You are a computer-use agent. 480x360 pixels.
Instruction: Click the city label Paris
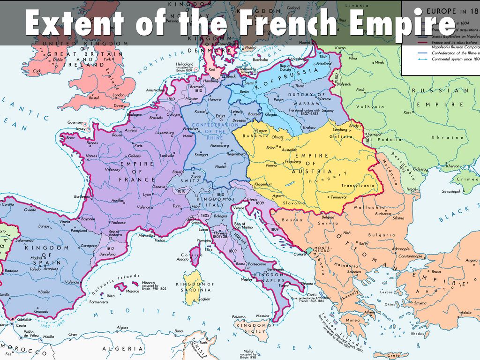point(138,145)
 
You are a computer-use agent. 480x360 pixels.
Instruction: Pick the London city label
point(118,95)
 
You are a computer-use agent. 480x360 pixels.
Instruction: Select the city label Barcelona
point(107,255)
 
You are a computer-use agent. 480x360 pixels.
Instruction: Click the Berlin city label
point(244,92)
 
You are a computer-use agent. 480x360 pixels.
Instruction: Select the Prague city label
point(262,130)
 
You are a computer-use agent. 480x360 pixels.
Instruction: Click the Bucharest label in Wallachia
point(382,214)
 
